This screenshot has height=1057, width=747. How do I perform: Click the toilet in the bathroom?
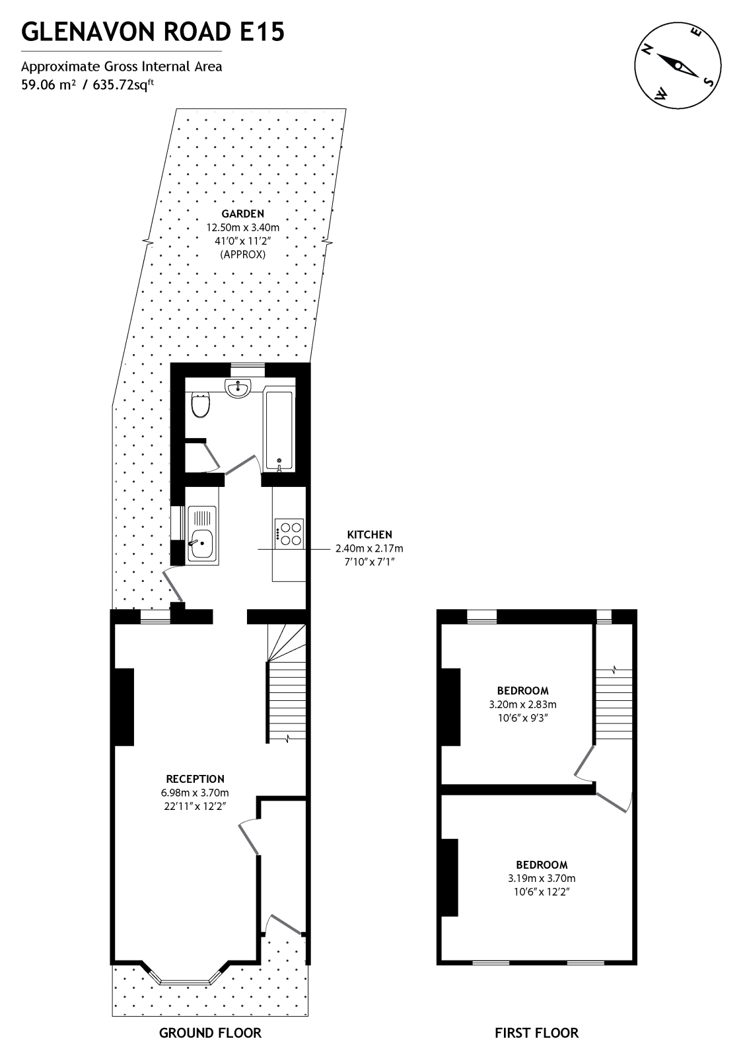[x=201, y=405]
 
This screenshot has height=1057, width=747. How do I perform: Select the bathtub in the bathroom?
[x=278, y=429]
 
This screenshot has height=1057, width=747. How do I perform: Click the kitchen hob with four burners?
[x=289, y=534]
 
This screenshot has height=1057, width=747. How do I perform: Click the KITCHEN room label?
[x=370, y=534]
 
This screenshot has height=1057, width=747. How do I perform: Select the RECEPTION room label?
[x=195, y=779]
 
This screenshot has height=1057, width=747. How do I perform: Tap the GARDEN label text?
[x=242, y=213]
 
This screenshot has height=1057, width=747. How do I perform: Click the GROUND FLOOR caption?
[x=210, y=1033]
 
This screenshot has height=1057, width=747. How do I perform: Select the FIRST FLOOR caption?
[x=536, y=1033]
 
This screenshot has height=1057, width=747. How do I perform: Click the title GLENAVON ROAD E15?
[x=153, y=31]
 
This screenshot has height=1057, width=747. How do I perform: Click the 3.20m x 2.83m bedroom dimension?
[x=522, y=705]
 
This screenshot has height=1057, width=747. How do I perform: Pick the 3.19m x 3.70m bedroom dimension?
[x=542, y=879]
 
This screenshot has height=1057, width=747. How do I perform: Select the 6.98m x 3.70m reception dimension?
[x=195, y=793]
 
